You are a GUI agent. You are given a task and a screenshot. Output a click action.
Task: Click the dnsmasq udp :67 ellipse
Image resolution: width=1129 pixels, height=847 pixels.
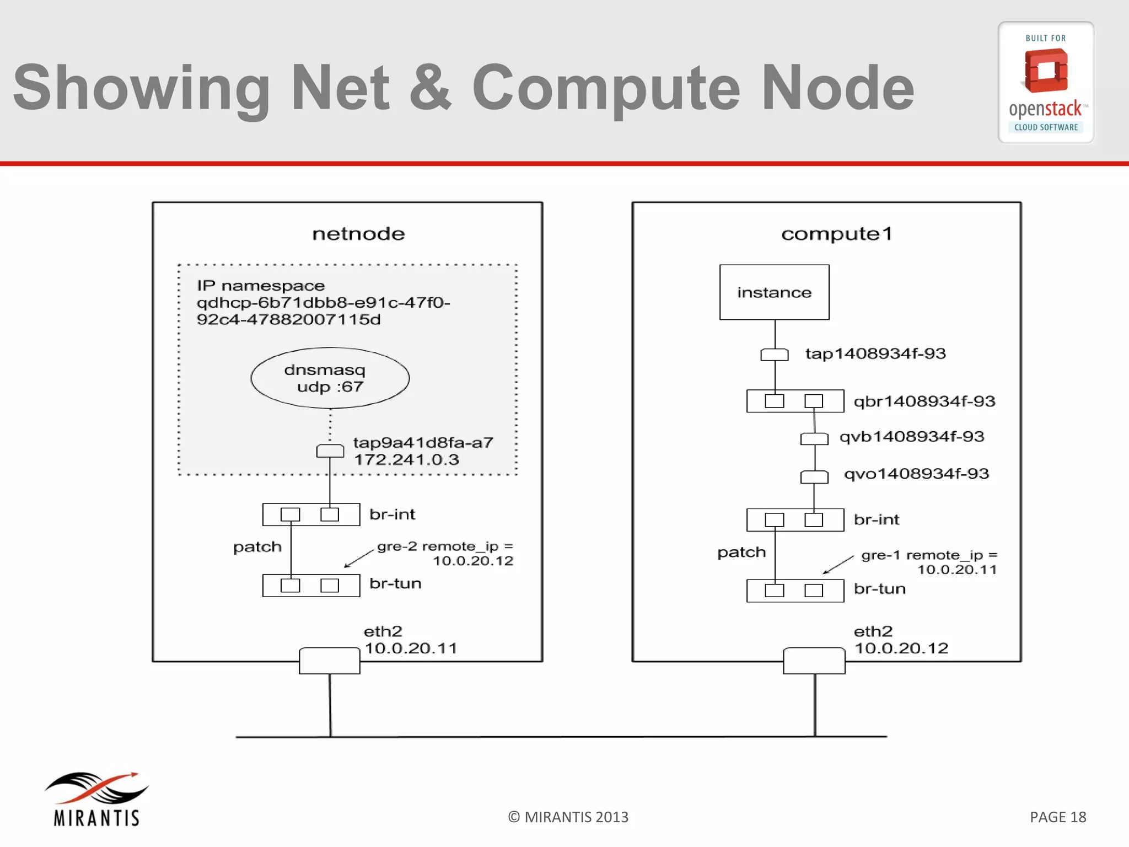pos(330,378)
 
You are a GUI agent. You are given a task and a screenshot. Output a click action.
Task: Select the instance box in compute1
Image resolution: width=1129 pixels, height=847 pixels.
pos(774,292)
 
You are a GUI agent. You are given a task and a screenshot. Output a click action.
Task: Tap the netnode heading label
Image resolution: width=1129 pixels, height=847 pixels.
pos(358,234)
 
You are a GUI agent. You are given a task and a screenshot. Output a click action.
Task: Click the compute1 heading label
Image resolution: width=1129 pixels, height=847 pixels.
pos(836,234)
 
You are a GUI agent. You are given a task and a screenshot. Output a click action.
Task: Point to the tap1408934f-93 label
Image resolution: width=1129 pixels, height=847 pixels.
pos(875,353)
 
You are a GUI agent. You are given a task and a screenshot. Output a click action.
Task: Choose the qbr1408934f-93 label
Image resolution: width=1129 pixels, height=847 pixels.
pos(924,401)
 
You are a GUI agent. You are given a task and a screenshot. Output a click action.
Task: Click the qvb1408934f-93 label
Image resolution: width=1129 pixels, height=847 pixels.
pos(912,437)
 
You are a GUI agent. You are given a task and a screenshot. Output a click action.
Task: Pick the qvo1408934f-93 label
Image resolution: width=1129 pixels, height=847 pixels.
pos(916,474)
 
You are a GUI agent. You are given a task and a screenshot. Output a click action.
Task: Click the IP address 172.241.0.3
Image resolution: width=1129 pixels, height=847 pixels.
pos(406,460)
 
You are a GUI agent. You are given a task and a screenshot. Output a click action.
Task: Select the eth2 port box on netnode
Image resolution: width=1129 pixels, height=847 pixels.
pos(330,661)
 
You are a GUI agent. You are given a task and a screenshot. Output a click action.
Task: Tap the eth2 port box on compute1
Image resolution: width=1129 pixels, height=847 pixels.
pos(814,661)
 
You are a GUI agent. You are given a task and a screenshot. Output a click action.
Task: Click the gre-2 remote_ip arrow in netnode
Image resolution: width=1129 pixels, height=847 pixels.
pos(359,558)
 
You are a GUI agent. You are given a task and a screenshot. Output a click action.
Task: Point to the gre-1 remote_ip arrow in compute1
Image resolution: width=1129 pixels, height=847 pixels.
pos(838,565)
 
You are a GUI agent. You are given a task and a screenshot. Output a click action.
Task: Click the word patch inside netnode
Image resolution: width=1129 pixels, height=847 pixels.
pos(257,547)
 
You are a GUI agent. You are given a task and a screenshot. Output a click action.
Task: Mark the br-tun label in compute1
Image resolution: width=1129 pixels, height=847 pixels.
pos(880,589)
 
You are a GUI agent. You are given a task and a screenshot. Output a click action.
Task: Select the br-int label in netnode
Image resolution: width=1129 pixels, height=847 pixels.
pos(392,514)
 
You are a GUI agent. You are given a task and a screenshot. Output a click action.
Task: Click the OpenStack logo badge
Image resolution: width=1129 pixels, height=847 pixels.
pos(1046,83)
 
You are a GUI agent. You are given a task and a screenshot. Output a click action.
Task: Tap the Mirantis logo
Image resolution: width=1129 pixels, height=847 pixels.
pos(96,799)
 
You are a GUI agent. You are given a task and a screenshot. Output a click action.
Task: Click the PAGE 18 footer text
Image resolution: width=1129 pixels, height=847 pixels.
pos(1057,817)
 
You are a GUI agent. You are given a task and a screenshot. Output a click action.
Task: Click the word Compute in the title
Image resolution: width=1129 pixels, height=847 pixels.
pos(606,88)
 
